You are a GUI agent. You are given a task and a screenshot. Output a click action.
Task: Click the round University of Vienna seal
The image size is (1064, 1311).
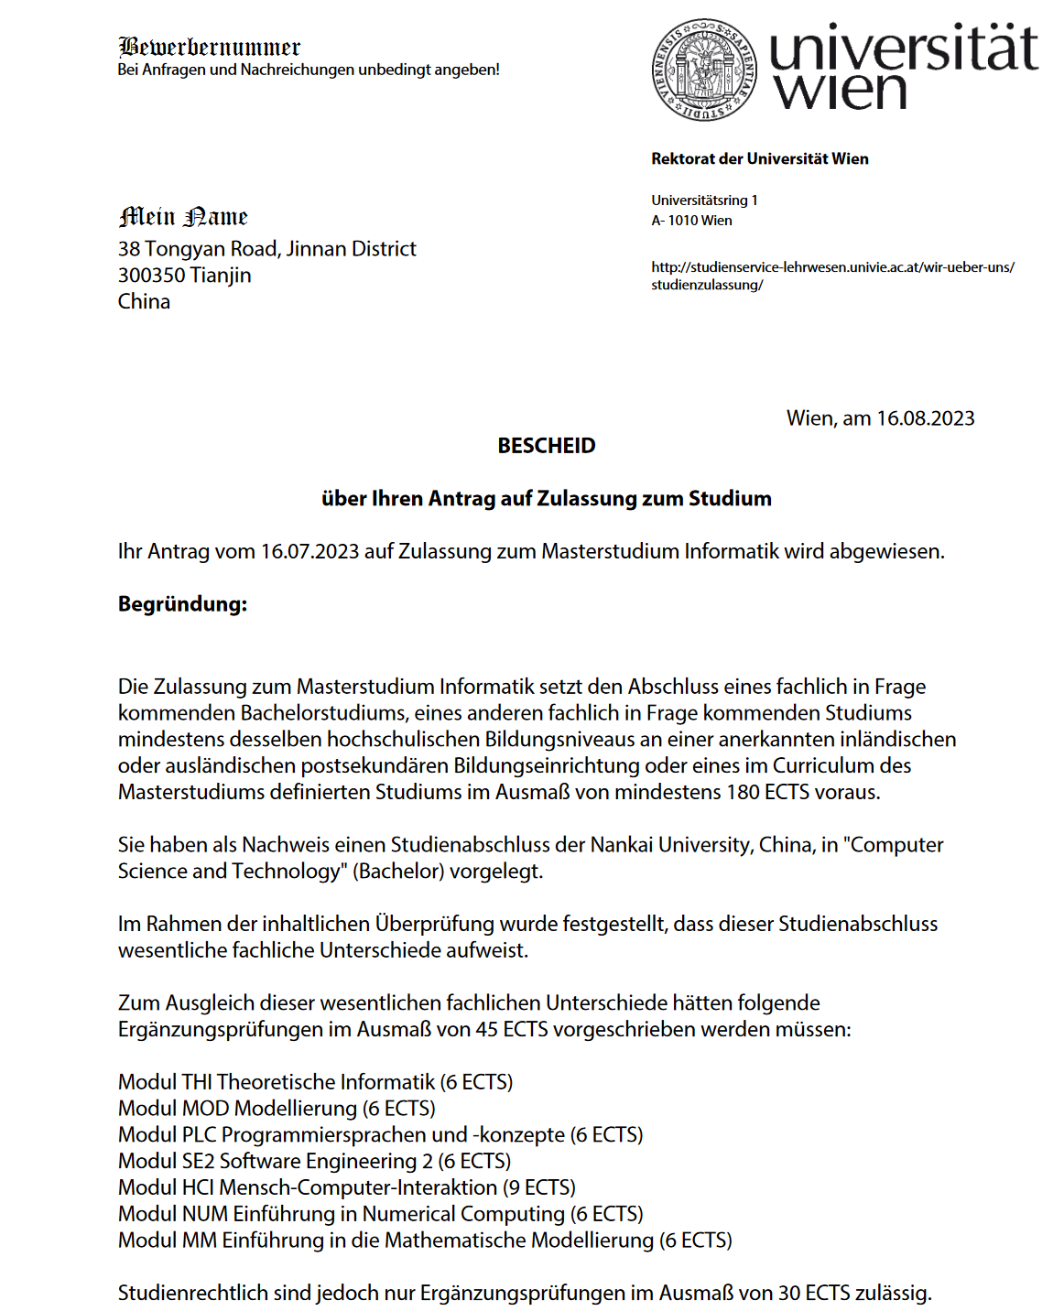tap(704, 69)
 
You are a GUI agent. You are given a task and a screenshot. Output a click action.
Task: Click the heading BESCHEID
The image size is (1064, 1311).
tap(546, 446)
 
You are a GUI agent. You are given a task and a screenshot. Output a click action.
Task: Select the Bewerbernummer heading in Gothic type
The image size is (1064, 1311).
tap(210, 47)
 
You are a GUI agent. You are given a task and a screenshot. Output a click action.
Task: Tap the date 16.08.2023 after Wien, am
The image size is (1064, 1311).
tap(925, 418)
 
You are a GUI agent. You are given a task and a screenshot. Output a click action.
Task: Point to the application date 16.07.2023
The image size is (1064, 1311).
tap(309, 551)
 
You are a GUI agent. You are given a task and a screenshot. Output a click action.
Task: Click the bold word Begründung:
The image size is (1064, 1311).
tap(182, 604)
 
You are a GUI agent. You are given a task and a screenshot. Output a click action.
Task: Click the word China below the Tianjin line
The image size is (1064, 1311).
tap(144, 302)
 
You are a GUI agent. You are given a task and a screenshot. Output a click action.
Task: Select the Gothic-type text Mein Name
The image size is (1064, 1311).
tap(183, 217)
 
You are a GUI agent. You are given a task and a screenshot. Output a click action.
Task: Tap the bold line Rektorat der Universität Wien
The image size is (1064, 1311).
tap(759, 158)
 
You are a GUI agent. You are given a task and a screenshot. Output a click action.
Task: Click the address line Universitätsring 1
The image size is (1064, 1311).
tap(704, 200)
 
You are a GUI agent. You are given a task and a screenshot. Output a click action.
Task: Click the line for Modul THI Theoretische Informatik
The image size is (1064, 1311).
tap(315, 1082)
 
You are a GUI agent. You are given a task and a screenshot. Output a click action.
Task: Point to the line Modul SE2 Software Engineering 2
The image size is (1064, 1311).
tap(314, 1161)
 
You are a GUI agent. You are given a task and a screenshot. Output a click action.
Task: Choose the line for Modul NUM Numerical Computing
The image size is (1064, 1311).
tap(380, 1214)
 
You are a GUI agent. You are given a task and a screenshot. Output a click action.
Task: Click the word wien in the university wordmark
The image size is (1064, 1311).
tap(840, 92)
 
